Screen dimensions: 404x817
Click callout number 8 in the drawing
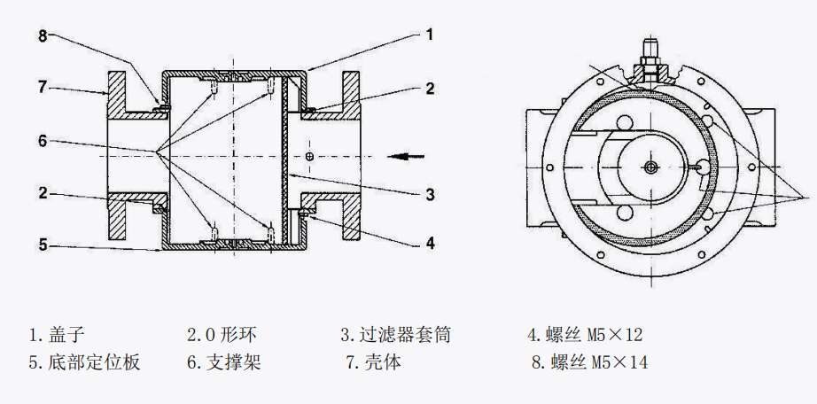coord(42,36)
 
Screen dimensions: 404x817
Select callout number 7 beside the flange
coord(42,87)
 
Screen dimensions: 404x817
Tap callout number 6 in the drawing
coord(42,141)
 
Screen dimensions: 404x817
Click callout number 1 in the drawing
coord(429,35)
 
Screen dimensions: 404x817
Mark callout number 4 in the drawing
coord(429,241)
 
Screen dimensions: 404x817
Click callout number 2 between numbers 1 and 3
coord(429,88)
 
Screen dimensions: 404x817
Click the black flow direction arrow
coord(409,156)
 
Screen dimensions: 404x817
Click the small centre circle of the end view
coord(651,167)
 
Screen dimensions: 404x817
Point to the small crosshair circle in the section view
coord(308,156)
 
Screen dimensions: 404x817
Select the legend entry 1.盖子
coord(56,335)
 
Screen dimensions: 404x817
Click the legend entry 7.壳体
coord(373,362)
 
